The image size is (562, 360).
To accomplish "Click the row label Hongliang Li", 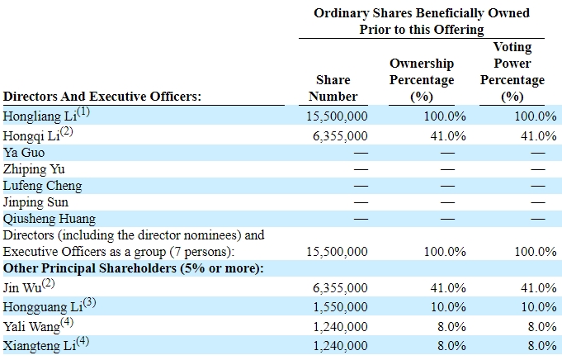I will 39,116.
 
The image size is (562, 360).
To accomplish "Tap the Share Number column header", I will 333,88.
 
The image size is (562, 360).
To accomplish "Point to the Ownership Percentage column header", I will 422,80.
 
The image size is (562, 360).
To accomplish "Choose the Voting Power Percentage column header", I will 512,72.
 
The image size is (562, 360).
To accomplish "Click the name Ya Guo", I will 25,153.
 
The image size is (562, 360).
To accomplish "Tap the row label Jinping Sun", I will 36,202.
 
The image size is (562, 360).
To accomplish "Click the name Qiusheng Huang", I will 50,219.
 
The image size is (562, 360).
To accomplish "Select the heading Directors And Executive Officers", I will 103,96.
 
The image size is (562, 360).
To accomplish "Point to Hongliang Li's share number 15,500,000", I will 330,116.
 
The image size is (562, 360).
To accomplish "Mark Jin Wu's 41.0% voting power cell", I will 536,287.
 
